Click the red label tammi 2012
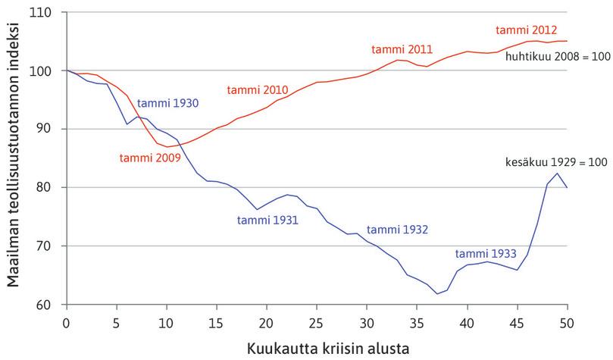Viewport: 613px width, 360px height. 527,30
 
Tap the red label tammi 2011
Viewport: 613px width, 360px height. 402,49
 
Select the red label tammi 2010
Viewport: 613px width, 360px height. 258,90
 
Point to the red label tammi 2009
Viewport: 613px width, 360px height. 149,158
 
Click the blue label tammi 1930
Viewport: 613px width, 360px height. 168,102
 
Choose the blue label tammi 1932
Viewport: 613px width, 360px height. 398,230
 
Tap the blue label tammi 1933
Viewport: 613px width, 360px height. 486,255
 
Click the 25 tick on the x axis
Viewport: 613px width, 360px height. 317,321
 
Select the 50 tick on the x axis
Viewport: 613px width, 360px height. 567,321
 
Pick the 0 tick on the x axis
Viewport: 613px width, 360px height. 67,321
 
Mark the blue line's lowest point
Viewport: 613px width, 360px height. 437,293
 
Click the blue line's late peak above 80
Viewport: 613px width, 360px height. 557,174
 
